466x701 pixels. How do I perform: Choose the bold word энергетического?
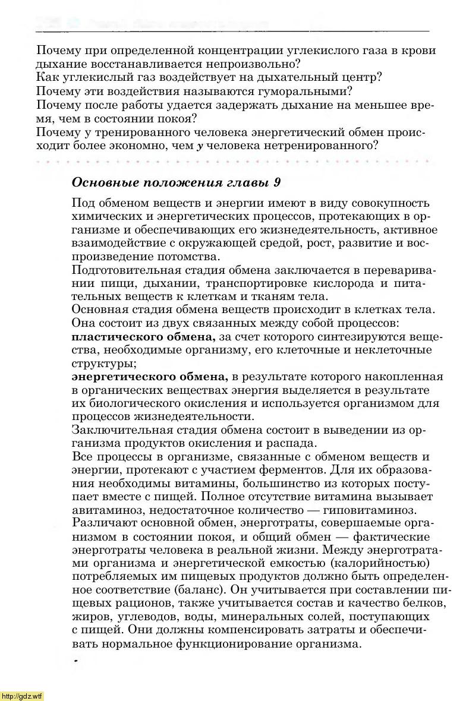(x=115, y=377)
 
